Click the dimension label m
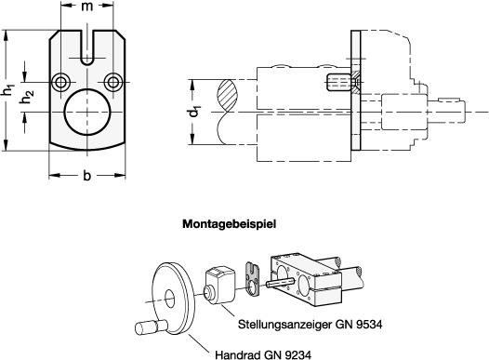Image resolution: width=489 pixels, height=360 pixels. [x=87, y=7]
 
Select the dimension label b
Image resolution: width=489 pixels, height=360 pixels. [x=87, y=175]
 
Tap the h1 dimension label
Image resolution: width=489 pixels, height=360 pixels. [x=8, y=90]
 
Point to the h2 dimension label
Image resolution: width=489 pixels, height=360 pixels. [x=27, y=97]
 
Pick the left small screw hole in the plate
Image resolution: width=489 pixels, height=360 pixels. [x=59, y=83]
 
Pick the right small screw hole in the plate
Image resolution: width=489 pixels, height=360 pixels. [x=112, y=83]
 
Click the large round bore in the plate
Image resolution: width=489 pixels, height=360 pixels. [x=87, y=112]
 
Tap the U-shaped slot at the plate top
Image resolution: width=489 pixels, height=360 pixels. [x=87, y=47]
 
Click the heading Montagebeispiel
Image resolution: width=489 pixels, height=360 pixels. [x=230, y=224]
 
